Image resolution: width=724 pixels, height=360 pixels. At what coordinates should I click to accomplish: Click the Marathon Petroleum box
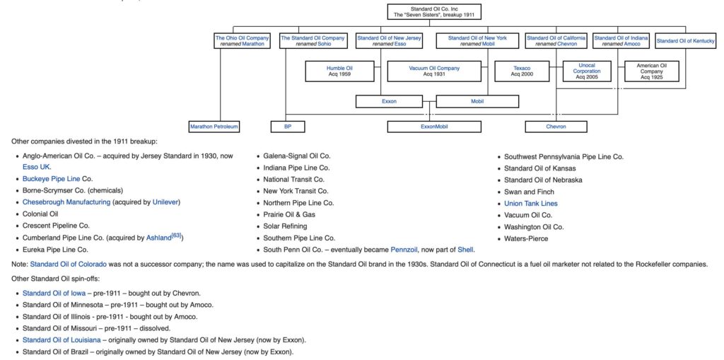[x=215, y=127]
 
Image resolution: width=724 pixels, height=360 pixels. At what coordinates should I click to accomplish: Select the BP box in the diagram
[x=288, y=127]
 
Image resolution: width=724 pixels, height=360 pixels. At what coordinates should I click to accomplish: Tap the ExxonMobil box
[x=434, y=127]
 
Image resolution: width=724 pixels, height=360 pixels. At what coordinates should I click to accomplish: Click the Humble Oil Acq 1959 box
[x=339, y=71]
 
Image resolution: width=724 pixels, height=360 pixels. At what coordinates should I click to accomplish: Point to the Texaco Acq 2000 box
[x=522, y=71]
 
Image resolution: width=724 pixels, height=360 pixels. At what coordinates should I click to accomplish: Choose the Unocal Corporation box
[x=587, y=71]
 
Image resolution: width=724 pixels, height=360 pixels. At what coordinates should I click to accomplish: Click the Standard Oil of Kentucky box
[x=686, y=41]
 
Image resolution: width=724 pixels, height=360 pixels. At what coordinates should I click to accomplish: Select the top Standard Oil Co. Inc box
[x=434, y=12]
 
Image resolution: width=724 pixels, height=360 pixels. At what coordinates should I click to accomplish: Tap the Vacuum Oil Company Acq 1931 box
[x=434, y=71]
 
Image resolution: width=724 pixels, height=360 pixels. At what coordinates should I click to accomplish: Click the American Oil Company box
[x=651, y=71]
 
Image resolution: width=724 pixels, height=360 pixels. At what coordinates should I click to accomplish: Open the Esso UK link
[x=37, y=168]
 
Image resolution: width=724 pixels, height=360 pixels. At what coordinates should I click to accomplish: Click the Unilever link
[x=165, y=202]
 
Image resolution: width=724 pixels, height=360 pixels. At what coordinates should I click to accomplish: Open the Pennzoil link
[x=404, y=250]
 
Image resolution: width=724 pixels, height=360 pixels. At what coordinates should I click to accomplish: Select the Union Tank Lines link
[x=530, y=203]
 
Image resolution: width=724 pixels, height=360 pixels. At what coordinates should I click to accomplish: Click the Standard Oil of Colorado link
[x=69, y=265]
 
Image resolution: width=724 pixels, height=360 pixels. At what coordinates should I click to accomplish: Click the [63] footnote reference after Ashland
[x=176, y=236]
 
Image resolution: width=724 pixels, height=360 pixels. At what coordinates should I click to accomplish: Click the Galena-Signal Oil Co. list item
[x=297, y=156]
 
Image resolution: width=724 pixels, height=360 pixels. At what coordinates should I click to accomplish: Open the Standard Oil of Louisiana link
[x=62, y=340]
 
